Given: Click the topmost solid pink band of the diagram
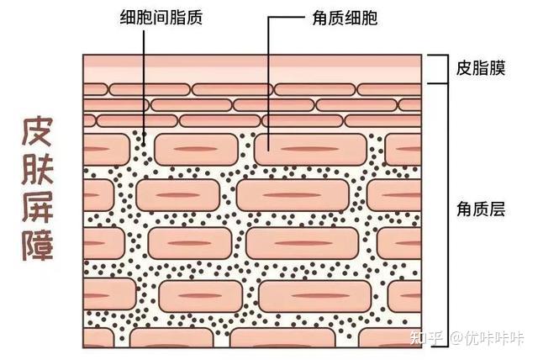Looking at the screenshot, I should pyautogui.click(x=251, y=61).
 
